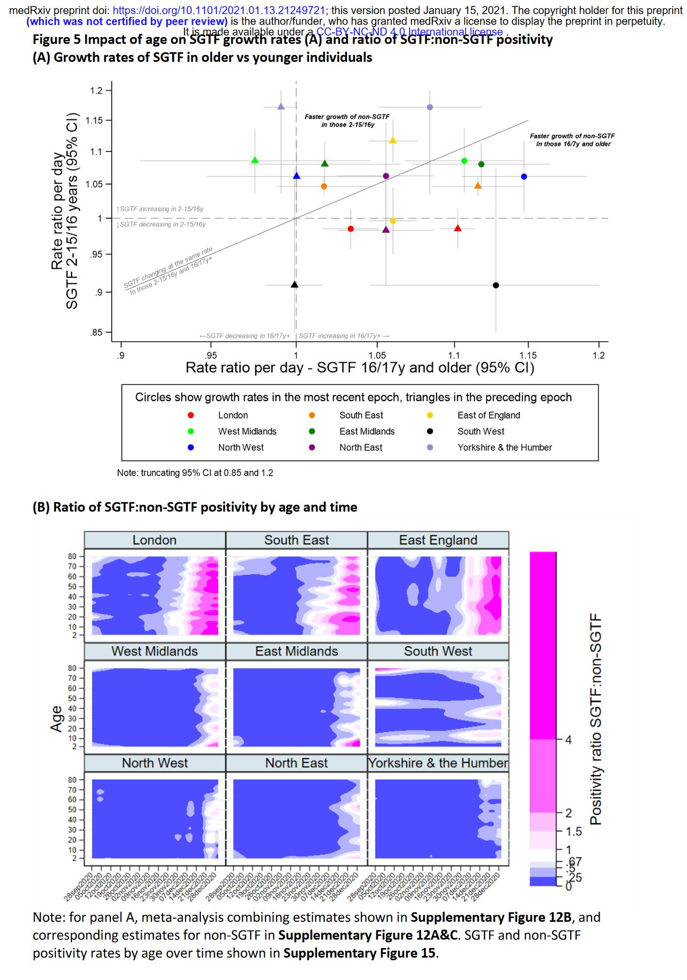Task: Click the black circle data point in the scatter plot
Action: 496,285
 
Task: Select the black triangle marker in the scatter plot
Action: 295,284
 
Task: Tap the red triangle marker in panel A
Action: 457,228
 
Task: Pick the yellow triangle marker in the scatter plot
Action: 393,140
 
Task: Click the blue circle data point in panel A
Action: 524,176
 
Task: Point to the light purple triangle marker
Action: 281,107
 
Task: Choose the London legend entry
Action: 233,415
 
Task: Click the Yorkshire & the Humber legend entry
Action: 504,447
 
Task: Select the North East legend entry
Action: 360,447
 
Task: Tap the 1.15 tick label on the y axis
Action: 96,121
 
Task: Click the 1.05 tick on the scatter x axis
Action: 377,356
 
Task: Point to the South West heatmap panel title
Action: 438,651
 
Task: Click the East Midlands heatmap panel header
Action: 296,651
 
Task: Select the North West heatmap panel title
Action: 155,763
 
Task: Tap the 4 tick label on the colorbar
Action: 568,740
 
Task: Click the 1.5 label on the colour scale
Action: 573,831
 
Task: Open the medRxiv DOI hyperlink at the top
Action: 219,10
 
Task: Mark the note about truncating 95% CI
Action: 195,473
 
